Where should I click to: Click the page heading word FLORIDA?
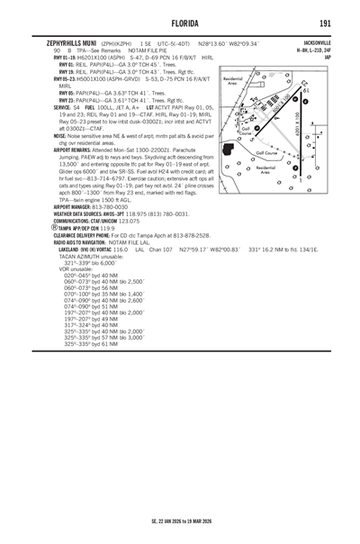click(180, 23)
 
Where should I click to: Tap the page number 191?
click(325, 23)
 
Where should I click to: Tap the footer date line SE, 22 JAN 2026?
click(180, 521)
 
